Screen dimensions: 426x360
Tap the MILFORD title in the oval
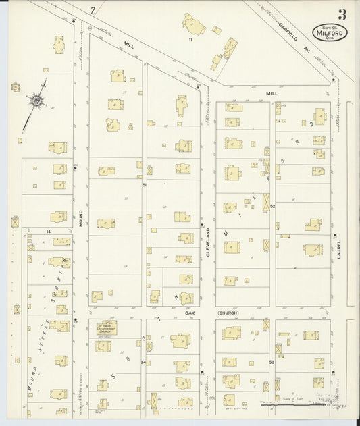[x=329, y=30]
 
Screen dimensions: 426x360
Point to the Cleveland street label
[x=208, y=240]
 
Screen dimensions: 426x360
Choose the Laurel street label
[x=340, y=249]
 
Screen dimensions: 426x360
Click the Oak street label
[x=190, y=313]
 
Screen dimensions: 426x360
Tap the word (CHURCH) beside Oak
[x=228, y=313]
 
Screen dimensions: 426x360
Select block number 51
[x=144, y=184]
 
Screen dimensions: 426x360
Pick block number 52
[x=273, y=206]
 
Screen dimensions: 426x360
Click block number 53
[x=272, y=362]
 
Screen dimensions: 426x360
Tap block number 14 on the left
[x=49, y=232]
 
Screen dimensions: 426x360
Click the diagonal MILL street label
[x=128, y=45]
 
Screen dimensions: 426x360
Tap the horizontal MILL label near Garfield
[x=272, y=94]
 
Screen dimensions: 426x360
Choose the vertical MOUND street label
[x=81, y=219]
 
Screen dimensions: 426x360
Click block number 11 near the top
[x=191, y=40]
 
